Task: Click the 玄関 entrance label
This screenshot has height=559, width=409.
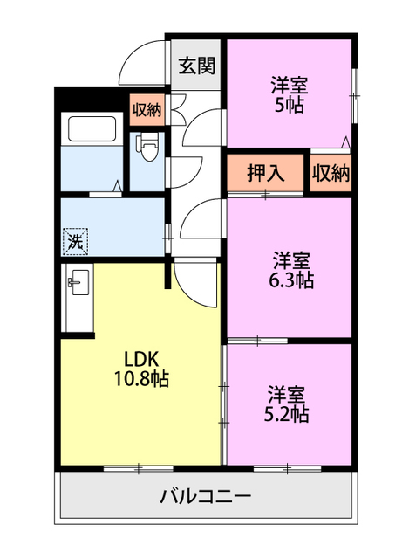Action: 197,65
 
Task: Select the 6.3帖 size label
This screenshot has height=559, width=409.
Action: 290,280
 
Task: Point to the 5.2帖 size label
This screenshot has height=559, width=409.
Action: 288,413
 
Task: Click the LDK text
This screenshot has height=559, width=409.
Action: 139,358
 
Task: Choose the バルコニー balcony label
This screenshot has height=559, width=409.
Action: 207,497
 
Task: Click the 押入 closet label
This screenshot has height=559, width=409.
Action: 266,173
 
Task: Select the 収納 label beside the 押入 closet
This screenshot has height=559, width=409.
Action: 331,173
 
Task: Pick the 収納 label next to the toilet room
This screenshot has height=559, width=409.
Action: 147,110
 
